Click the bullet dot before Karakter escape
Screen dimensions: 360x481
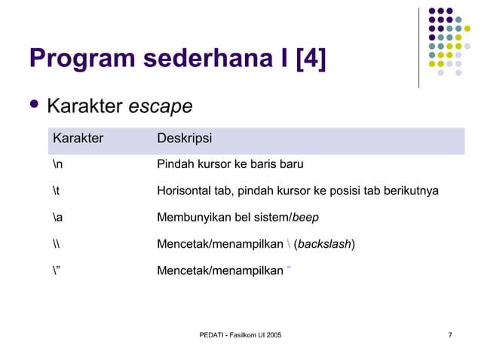point(33,105)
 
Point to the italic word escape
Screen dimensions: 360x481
point(160,108)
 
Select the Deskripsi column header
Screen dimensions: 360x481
point(184,139)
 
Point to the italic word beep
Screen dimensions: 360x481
point(305,218)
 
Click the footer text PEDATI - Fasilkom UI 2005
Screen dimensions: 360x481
point(240,334)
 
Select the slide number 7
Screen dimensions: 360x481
point(450,334)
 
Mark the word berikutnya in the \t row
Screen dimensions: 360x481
point(411,191)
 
